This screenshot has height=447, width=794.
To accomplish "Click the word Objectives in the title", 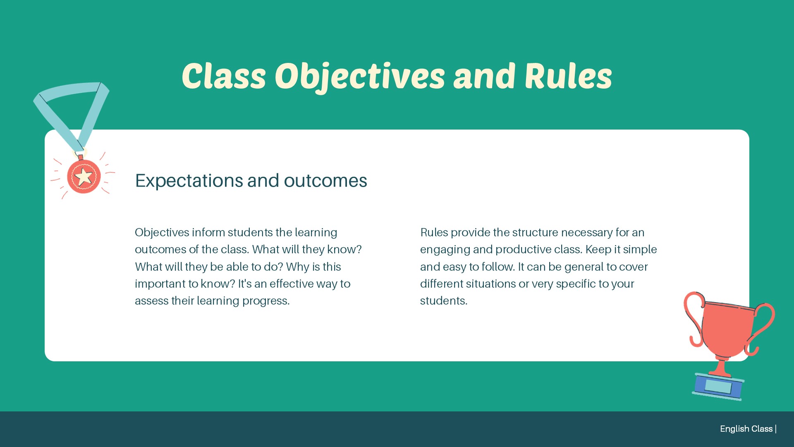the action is (x=360, y=77).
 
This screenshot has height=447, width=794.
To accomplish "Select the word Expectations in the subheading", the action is (x=189, y=181).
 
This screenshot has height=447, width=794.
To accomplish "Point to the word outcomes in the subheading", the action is (x=325, y=181).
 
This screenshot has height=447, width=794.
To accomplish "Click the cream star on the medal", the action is (x=84, y=177).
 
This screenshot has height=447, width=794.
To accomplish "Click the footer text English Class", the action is (x=746, y=429).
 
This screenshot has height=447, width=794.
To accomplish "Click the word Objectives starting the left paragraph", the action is (x=162, y=233).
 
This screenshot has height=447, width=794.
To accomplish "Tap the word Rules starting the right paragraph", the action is (x=434, y=233).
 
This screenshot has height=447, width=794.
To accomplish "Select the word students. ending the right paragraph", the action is (x=444, y=301).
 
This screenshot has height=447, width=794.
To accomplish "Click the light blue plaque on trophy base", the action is (x=718, y=386).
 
